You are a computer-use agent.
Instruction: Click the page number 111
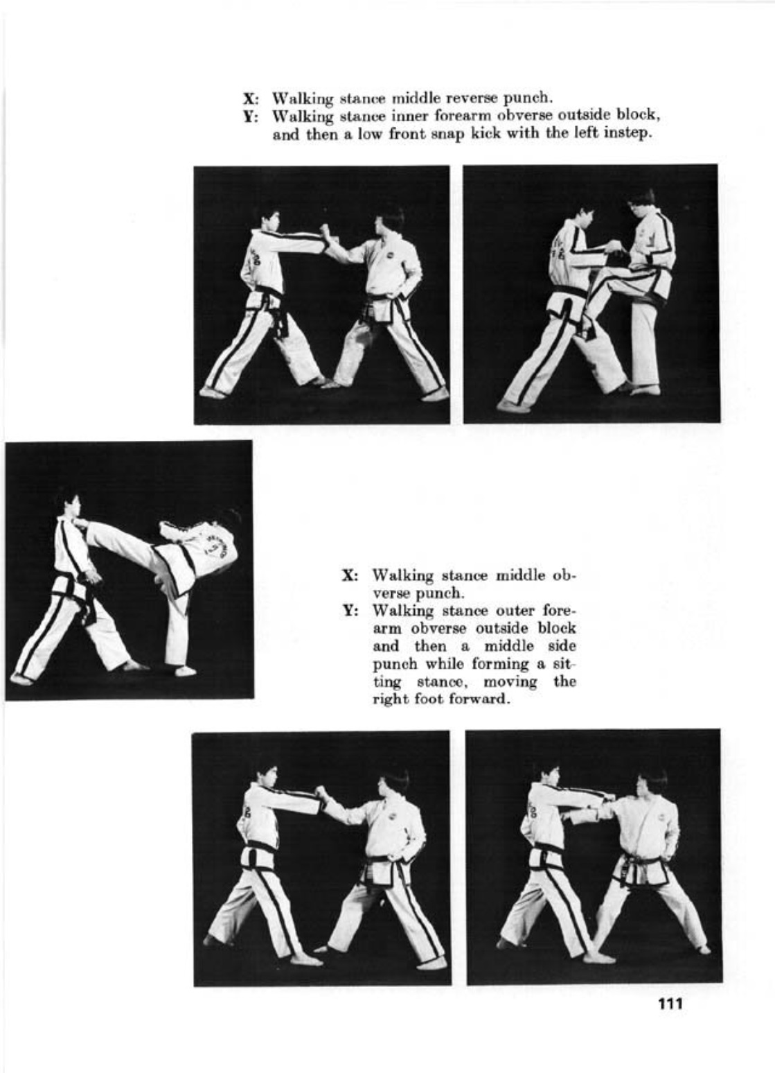[670, 1004]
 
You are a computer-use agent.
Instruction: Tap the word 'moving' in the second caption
[512, 682]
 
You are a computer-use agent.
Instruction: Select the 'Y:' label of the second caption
[351, 611]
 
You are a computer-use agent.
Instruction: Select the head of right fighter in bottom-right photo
[651, 783]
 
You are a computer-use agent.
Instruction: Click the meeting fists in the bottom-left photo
[321, 792]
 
